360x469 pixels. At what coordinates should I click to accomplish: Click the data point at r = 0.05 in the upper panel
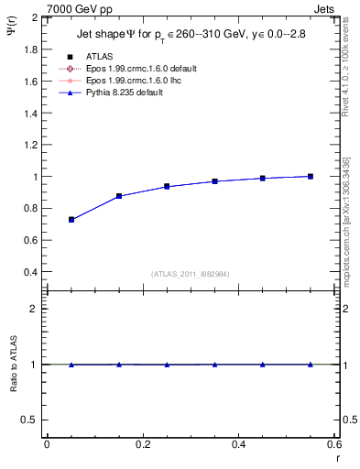tap(71, 220)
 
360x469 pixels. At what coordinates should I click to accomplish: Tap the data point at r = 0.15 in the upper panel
tap(119, 196)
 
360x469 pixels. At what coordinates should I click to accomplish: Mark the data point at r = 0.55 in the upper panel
tap(311, 176)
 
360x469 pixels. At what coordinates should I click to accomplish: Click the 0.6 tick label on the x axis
tap(334, 444)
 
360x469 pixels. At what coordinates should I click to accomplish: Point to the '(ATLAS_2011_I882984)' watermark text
tap(191, 273)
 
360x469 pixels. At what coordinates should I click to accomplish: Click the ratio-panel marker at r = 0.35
tap(215, 365)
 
